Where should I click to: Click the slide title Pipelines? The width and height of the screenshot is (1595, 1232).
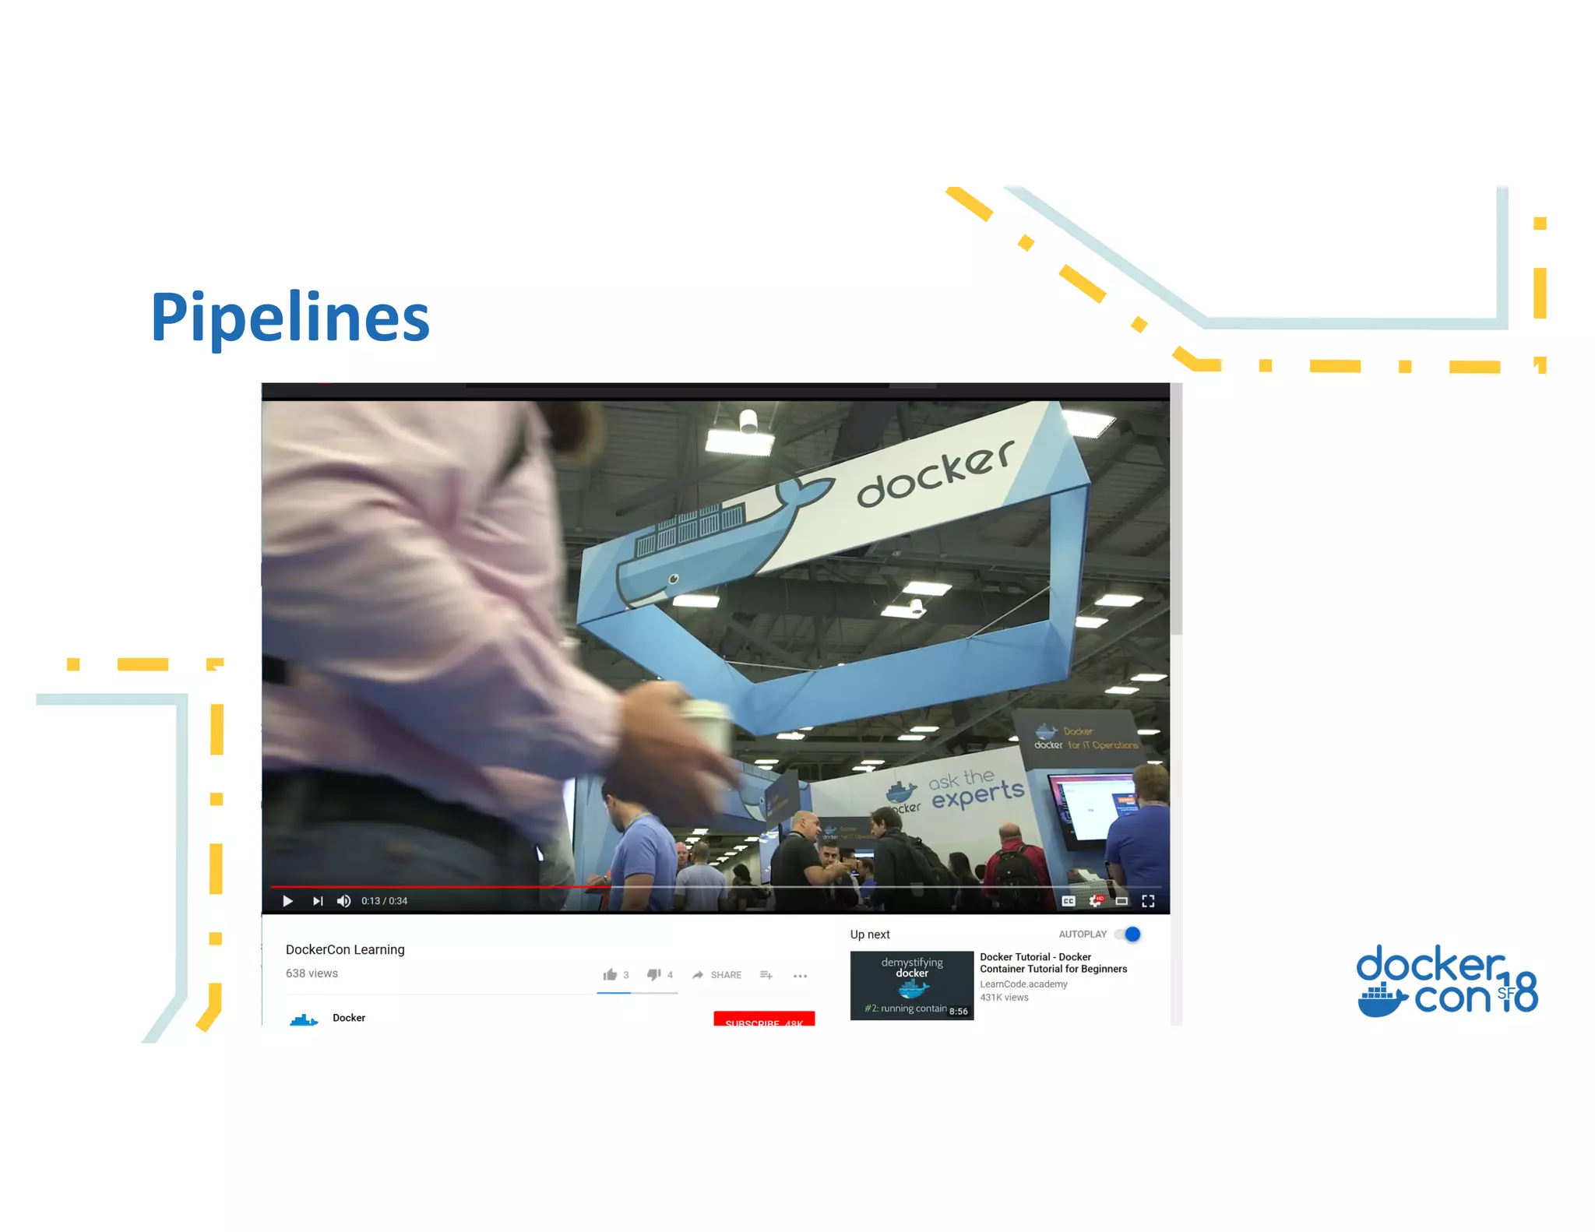pyautogui.click(x=290, y=317)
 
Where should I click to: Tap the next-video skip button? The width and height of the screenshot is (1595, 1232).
pyautogui.click(x=318, y=901)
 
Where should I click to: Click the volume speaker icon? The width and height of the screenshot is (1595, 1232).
pyautogui.click(x=343, y=901)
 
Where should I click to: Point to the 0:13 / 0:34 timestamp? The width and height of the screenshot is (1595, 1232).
pyautogui.click(x=384, y=901)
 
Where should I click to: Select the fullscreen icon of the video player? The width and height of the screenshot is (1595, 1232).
pyautogui.click(x=1148, y=901)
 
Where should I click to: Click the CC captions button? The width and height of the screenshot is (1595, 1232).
pyautogui.click(x=1069, y=901)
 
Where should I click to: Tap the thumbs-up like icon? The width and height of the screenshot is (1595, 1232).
pyautogui.click(x=610, y=974)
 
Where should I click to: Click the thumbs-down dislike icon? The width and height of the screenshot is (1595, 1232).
pyautogui.click(x=654, y=974)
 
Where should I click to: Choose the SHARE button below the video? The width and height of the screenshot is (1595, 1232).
pyautogui.click(x=717, y=975)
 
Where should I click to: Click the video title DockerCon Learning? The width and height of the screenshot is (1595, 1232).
pyautogui.click(x=345, y=949)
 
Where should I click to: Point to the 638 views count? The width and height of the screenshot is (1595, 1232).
pyautogui.click(x=312, y=973)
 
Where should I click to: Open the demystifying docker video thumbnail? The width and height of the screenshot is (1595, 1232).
pyautogui.click(x=911, y=985)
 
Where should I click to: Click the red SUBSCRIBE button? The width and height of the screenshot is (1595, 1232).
pyautogui.click(x=764, y=1019)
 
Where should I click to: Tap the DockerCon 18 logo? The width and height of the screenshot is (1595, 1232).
pyautogui.click(x=1446, y=981)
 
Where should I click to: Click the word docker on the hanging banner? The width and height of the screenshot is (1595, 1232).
pyautogui.click(x=935, y=473)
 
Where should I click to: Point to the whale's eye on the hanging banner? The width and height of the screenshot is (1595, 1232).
pyautogui.click(x=674, y=579)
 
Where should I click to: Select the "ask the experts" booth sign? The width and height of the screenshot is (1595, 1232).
pyautogui.click(x=976, y=787)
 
